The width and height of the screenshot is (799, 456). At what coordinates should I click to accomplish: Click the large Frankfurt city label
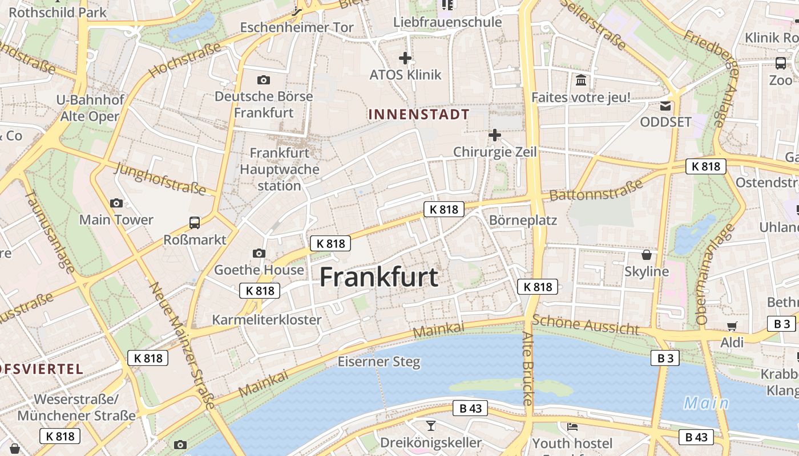coord(378,278)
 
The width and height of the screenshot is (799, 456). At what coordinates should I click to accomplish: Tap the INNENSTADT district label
coord(419,114)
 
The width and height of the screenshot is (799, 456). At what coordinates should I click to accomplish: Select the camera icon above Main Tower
coord(116,203)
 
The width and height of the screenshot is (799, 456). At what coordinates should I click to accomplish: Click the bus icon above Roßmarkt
coord(195,222)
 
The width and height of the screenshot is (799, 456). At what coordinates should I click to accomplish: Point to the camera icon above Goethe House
coord(259,253)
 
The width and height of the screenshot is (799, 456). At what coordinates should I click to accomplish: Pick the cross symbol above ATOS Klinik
coord(405,58)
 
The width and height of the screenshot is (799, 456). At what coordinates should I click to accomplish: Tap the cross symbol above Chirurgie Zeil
coord(495,135)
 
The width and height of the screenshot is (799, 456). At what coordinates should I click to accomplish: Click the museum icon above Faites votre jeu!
coord(581,80)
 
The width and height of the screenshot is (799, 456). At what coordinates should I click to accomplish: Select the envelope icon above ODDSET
coord(665,105)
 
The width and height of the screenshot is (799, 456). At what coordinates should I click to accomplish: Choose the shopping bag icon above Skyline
coord(647,254)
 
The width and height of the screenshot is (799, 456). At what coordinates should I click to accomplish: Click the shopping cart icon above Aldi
coord(732,326)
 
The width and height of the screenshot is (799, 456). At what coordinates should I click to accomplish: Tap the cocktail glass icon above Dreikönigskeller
coord(430,425)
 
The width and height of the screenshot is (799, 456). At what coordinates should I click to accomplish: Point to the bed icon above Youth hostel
coord(572,426)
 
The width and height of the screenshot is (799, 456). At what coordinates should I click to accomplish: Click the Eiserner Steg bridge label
coord(379,361)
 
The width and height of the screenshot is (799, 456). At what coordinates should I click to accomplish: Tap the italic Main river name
coord(707,404)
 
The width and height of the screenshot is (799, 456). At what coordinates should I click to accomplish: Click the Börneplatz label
coord(523,220)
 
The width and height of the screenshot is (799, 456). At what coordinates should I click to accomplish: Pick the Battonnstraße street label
coord(596,190)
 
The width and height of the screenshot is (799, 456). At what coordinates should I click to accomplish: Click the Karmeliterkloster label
coord(267,320)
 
